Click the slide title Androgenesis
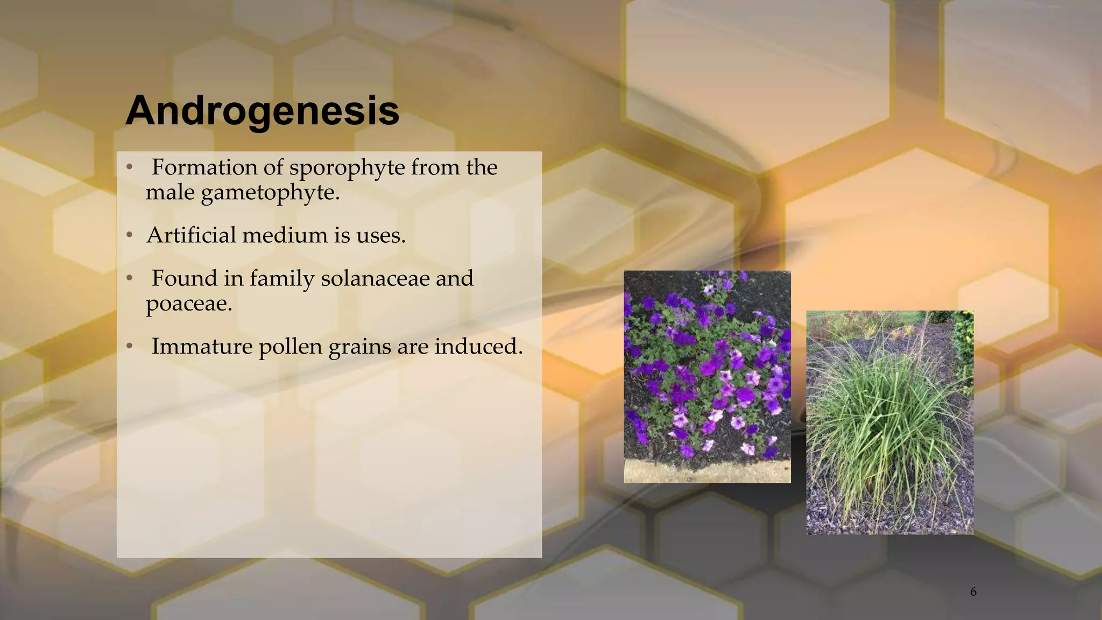pyautogui.click(x=262, y=110)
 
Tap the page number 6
pyautogui.click(x=973, y=592)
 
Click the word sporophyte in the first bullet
pyautogui.click(x=347, y=168)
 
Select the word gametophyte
pyautogui.click(x=270, y=193)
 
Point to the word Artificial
pyautogui.click(x=191, y=235)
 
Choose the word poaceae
pyautogui.click(x=188, y=304)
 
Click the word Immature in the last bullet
pyautogui.click(x=202, y=347)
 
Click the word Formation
pyautogui.click(x=204, y=167)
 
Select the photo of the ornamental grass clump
pyautogui.click(x=889, y=422)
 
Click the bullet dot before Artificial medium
pyautogui.click(x=129, y=236)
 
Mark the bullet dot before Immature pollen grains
pyautogui.click(x=129, y=347)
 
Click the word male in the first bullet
pyautogui.click(x=169, y=193)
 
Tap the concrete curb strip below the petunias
pyautogui.click(x=707, y=471)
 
